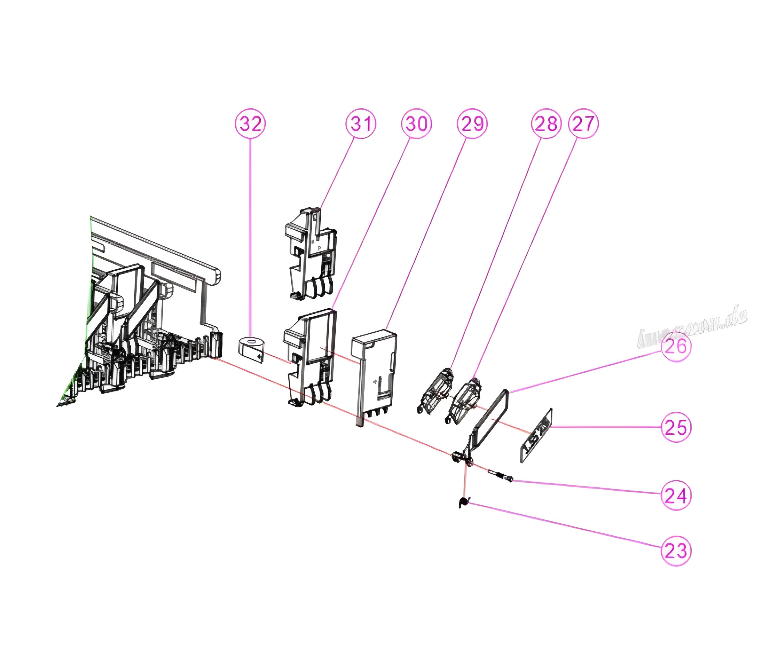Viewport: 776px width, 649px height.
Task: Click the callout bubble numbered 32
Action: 251,124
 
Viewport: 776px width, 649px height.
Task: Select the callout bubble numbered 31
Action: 361,124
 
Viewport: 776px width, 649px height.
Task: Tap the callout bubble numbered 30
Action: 417,124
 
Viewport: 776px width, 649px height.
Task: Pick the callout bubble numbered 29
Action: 472,124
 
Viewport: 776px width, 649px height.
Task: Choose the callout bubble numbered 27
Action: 583,124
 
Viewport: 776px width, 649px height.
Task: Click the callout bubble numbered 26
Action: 676,347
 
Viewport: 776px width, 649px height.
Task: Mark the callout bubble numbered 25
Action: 676,427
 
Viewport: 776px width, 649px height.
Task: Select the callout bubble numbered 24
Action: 676,495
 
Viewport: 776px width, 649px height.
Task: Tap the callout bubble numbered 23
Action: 676,551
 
